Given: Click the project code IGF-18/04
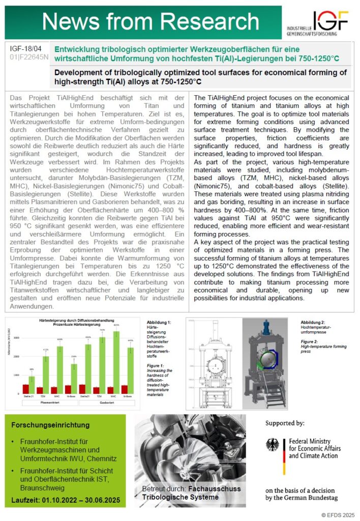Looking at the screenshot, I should [x=26, y=48].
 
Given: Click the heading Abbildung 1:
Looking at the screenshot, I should [x=159, y=323].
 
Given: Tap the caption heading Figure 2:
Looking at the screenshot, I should [x=311, y=341].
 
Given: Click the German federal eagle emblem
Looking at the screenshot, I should [x=272, y=446].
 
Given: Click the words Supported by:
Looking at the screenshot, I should [x=285, y=423].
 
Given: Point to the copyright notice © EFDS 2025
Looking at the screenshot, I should [x=338, y=514].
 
